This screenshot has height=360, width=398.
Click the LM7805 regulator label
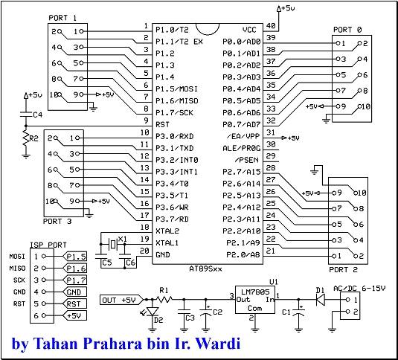click(x=255, y=292)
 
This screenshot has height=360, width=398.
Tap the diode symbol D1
click(x=321, y=300)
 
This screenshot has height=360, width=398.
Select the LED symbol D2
click(x=153, y=312)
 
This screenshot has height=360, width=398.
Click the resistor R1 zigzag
click(x=164, y=300)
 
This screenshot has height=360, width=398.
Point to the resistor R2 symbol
click(x=25, y=138)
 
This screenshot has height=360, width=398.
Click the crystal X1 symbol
click(x=112, y=244)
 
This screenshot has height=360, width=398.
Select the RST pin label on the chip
click(x=162, y=124)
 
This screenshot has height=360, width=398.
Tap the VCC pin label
click(x=249, y=30)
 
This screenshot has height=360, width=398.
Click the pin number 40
click(x=271, y=26)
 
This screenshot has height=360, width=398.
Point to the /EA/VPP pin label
click(x=243, y=137)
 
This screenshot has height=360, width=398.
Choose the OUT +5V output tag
click(x=122, y=300)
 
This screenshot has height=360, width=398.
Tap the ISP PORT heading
click(x=48, y=245)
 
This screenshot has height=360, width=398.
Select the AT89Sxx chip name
click(x=205, y=269)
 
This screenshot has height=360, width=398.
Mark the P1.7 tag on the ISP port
click(x=75, y=280)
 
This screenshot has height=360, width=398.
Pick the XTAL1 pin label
click(x=167, y=243)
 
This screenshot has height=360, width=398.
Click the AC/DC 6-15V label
click(x=359, y=289)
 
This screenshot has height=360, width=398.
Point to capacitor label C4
click(x=37, y=115)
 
